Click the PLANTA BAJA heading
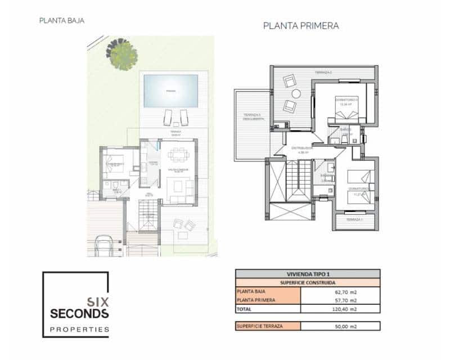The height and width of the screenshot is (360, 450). pyautogui.click(x=62, y=21)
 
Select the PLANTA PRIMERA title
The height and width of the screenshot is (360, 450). pyautogui.click(x=301, y=26)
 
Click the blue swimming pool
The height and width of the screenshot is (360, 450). pyautogui.click(x=170, y=91)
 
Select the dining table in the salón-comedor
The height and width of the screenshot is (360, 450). pyautogui.click(x=178, y=155)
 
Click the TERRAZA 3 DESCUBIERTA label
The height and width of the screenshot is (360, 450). pyautogui.click(x=251, y=117)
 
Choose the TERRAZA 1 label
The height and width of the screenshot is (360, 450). pyautogui.click(x=354, y=219)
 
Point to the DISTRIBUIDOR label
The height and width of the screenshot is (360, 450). pyautogui.click(x=301, y=149)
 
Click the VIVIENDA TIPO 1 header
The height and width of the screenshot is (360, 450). pyautogui.click(x=307, y=273)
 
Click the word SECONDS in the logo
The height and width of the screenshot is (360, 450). pyautogui.click(x=79, y=313)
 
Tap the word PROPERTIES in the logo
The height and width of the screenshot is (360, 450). pyautogui.click(x=79, y=329)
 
